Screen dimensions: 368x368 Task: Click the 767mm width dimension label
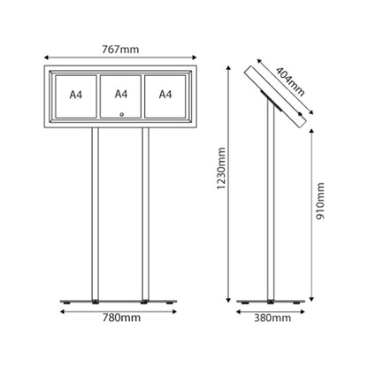(120, 50)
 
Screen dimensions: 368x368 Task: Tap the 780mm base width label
(121, 318)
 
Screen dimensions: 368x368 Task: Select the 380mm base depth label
(272, 318)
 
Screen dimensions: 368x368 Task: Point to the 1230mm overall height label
(221, 168)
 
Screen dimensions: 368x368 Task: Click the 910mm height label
(320, 201)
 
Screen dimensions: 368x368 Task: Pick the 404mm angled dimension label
(290, 81)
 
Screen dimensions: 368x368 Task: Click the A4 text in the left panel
(76, 95)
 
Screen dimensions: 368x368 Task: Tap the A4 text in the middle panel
(121, 94)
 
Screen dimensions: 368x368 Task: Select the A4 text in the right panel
(165, 95)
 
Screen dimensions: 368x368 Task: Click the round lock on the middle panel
(121, 114)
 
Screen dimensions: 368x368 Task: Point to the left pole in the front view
(96, 214)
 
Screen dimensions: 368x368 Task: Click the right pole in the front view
(145, 214)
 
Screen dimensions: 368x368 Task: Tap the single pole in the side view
(271, 201)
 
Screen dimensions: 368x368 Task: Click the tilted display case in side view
(276, 97)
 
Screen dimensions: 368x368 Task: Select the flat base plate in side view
(271, 302)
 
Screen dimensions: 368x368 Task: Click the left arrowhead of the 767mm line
(46, 57)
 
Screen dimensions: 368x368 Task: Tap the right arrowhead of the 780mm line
(174, 311)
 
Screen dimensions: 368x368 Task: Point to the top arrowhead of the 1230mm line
(228, 68)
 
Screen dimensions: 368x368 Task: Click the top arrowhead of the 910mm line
(312, 131)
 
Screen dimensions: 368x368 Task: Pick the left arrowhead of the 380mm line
(239, 311)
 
